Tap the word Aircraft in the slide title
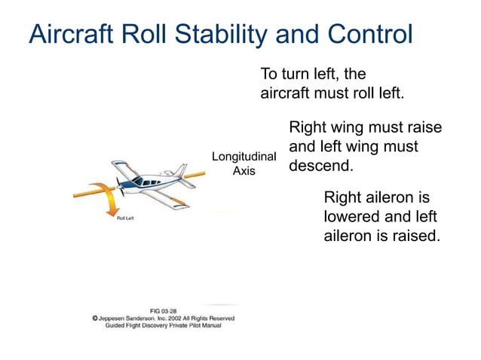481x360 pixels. (72, 35)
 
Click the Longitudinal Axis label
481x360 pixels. (244, 163)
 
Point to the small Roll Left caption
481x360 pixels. (125, 218)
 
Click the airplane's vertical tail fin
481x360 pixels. (179, 169)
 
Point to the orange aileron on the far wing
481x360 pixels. (120, 163)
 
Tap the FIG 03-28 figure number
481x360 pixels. (164, 310)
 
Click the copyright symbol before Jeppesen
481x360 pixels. (96, 319)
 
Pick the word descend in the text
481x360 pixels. (320, 165)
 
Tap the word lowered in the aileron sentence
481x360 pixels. (353, 217)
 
